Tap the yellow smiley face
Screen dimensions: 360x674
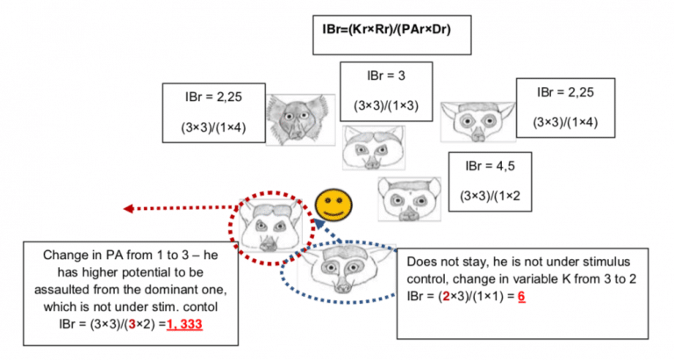point(332,205)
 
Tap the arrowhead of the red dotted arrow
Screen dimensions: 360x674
point(128,208)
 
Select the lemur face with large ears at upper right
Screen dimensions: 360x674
point(476,123)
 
